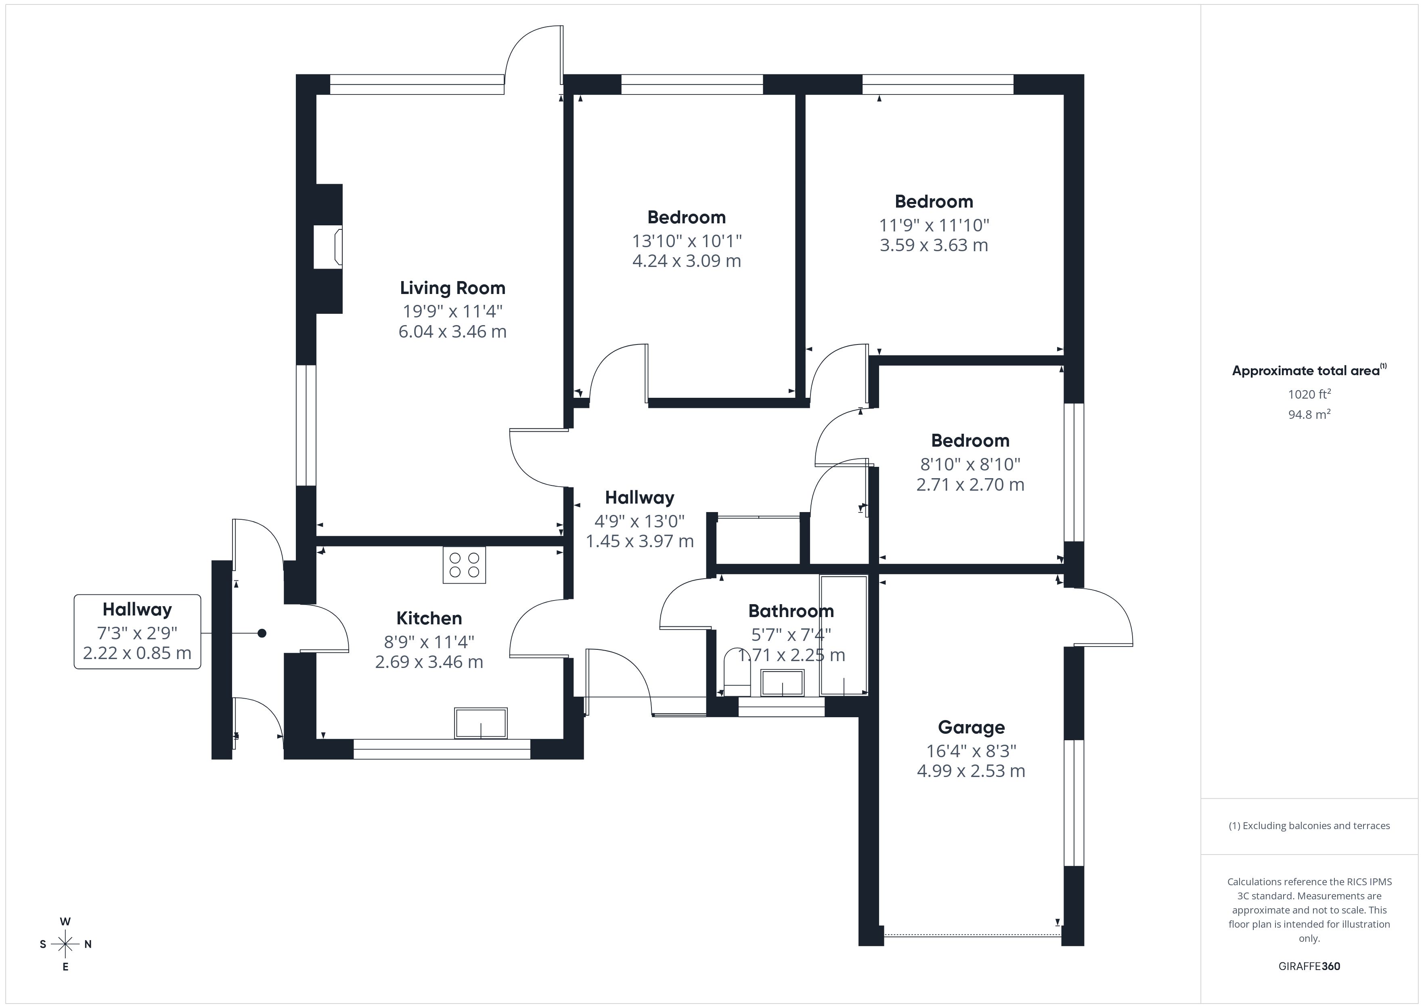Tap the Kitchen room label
click(x=429, y=618)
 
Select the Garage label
click(x=971, y=727)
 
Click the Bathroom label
click(x=791, y=611)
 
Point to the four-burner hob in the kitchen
click(x=464, y=565)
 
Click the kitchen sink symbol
click(x=481, y=723)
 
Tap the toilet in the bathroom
click(x=737, y=674)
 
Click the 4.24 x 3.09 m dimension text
click(x=687, y=261)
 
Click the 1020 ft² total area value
click(x=1309, y=394)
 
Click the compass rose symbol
click(x=65, y=944)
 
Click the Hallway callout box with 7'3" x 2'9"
click(x=137, y=631)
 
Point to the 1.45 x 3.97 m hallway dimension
click(x=639, y=541)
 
